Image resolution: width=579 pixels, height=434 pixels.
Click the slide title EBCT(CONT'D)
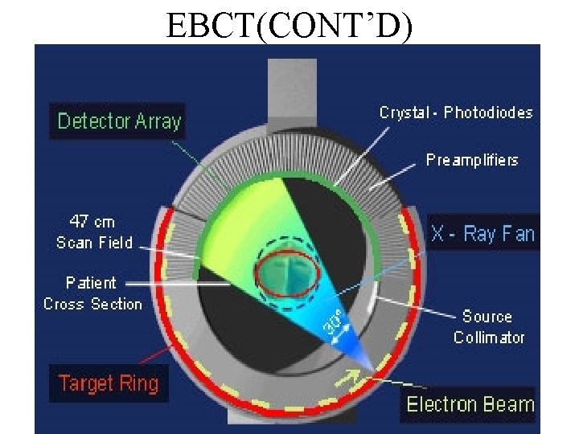point(289,24)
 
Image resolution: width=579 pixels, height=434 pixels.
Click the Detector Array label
point(119,122)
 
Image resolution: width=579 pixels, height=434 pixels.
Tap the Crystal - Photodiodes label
point(456,113)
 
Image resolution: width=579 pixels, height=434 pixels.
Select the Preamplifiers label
point(472,160)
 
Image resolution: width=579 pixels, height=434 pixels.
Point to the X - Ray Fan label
point(482,234)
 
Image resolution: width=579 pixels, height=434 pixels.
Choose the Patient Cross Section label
point(92,293)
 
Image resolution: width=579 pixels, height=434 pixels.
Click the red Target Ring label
point(108,383)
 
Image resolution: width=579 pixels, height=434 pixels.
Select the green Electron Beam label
point(470,403)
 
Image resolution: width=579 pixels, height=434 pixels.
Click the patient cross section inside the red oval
point(287,272)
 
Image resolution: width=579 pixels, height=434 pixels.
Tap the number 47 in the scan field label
point(79,221)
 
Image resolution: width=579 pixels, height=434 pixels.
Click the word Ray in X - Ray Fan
point(482,234)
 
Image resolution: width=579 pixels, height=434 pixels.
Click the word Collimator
point(488,338)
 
